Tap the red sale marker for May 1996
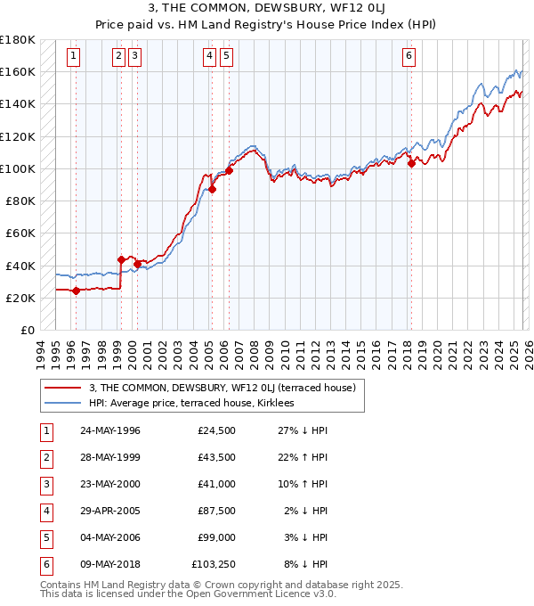(x=76, y=291)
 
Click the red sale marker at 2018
(x=411, y=163)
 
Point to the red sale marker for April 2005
(x=213, y=189)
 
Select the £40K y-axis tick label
(x=20, y=266)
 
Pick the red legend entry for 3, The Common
(x=222, y=388)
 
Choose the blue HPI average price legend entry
(x=191, y=403)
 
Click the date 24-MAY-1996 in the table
(x=109, y=431)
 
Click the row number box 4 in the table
(x=44, y=512)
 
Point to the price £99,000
(x=216, y=537)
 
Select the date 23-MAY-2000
(x=109, y=485)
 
